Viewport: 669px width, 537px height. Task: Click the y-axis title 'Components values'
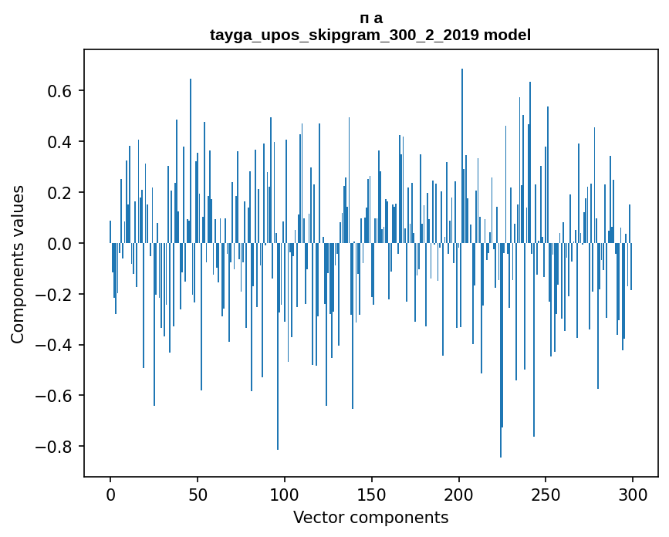(x=18, y=264)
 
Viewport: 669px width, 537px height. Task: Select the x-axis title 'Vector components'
(x=370, y=518)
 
